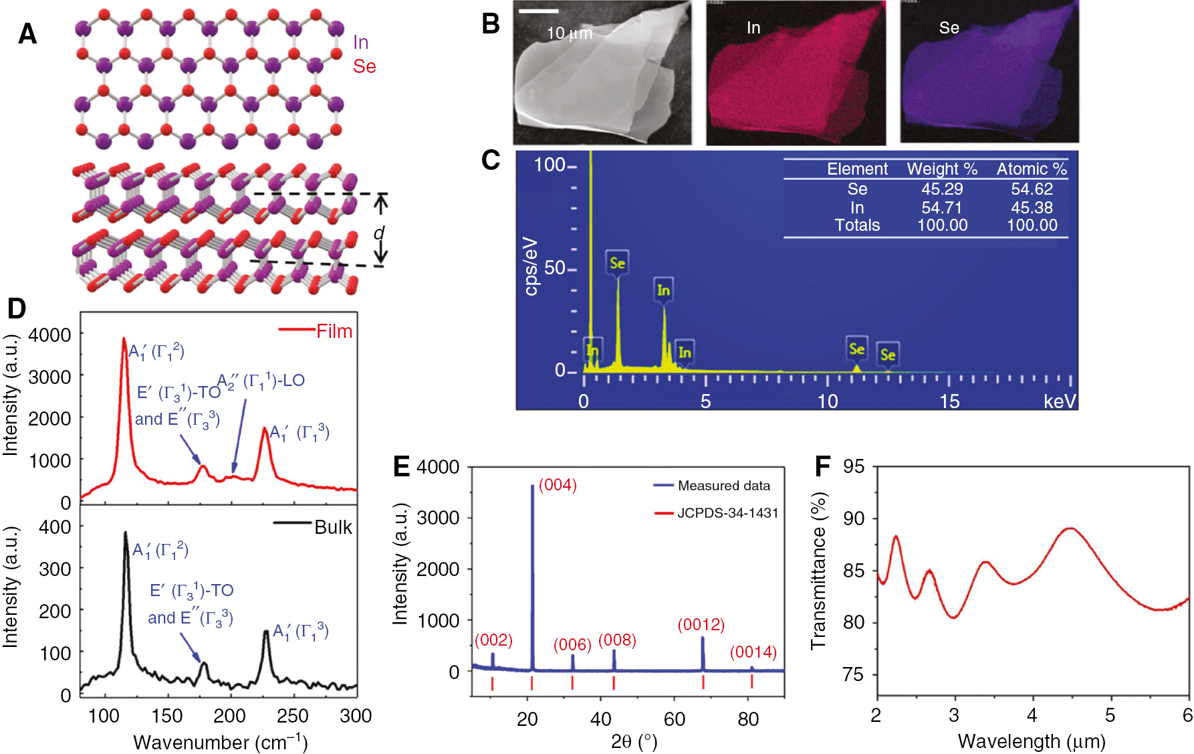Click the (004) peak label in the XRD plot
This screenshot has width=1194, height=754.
coord(558,485)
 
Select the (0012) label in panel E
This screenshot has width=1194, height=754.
coord(701,625)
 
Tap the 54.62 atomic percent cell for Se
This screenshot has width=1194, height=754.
coord(1032,189)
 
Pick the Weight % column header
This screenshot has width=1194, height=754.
coord(941,169)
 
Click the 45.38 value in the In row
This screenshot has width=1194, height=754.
coord(1032,207)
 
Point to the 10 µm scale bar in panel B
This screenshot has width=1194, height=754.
coord(538,11)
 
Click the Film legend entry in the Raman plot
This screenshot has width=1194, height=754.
coord(334,331)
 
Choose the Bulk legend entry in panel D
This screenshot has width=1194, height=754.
coord(332,527)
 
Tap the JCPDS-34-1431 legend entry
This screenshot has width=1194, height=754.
coord(727,513)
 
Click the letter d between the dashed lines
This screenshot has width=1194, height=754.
coord(379,233)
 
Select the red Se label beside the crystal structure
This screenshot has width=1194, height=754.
coord(364,66)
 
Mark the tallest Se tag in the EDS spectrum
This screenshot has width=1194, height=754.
coord(617,263)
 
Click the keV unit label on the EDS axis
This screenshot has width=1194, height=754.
coord(1059,401)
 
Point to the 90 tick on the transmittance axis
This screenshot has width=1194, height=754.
coord(853,519)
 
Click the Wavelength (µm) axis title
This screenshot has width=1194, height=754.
coord(1031,741)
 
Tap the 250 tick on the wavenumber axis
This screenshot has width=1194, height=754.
coord(292,716)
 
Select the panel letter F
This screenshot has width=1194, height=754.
coord(822,466)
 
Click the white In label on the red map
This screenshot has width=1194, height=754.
coord(753,28)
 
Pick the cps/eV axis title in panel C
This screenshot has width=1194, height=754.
coord(531,266)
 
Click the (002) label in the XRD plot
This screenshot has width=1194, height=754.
coord(493,640)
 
